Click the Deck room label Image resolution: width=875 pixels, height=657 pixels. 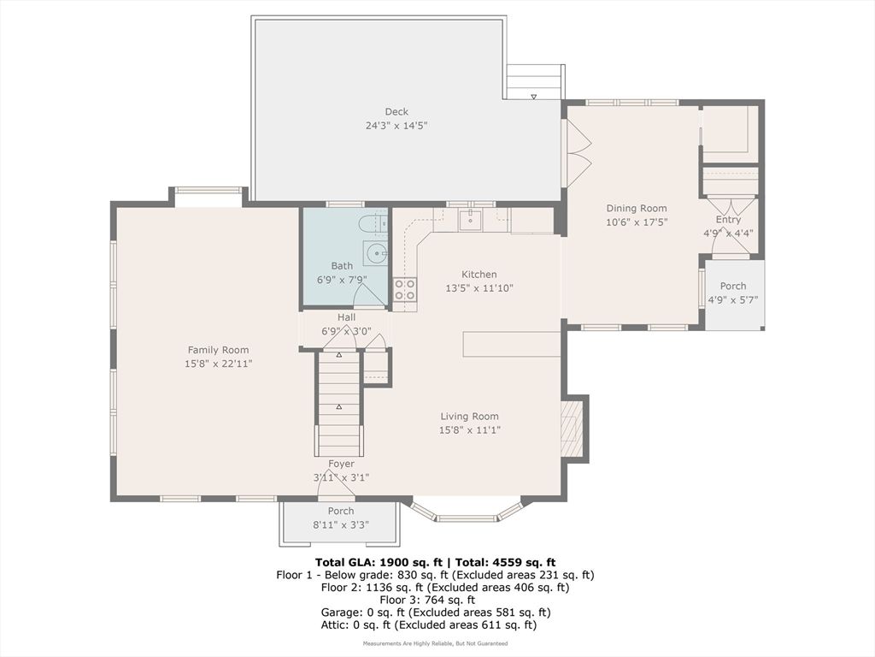pos(396,111)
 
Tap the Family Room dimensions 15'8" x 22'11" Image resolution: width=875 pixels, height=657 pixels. pos(219,364)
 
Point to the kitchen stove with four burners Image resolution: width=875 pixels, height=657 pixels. pos(404,290)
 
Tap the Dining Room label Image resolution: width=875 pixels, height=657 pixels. pos(637,208)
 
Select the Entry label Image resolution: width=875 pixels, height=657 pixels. pos(728,220)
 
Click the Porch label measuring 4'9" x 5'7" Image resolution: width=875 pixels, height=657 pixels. pos(732,286)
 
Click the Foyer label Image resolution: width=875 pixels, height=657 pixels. pos(341,464)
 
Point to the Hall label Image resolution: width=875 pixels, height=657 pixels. pos(346,317)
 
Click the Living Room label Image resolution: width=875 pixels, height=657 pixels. pos(469,417)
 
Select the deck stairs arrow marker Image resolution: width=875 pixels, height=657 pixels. pos(534,97)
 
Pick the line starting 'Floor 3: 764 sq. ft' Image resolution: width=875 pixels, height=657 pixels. pos(435,600)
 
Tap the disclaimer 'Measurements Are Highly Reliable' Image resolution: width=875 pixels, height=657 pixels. pos(435,643)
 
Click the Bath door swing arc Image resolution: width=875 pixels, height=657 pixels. pos(369,294)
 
